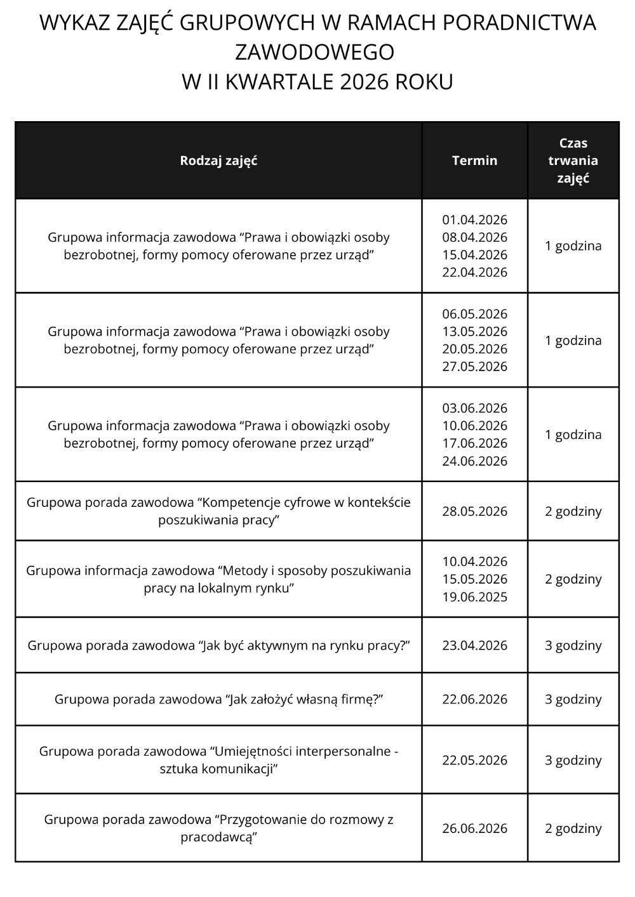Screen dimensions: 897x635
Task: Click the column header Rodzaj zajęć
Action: (218, 160)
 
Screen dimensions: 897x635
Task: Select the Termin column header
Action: (474, 160)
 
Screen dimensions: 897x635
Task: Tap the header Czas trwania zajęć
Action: (573, 160)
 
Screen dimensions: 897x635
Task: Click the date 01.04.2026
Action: (474, 220)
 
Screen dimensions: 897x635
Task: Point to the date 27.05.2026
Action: (474, 367)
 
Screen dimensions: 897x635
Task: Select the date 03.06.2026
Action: (474, 409)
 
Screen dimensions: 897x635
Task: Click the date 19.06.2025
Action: (474, 597)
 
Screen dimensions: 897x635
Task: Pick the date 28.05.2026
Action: (474, 511)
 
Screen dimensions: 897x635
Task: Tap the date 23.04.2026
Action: (474, 646)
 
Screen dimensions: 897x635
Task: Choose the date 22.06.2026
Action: (474, 699)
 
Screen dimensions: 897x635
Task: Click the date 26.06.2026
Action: (474, 828)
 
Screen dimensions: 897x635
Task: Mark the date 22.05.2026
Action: (474, 760)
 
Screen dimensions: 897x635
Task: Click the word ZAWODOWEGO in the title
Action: (315, 52)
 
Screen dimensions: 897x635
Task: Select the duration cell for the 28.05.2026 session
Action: (573, 511)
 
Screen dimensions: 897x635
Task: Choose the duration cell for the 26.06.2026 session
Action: (573, 828)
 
